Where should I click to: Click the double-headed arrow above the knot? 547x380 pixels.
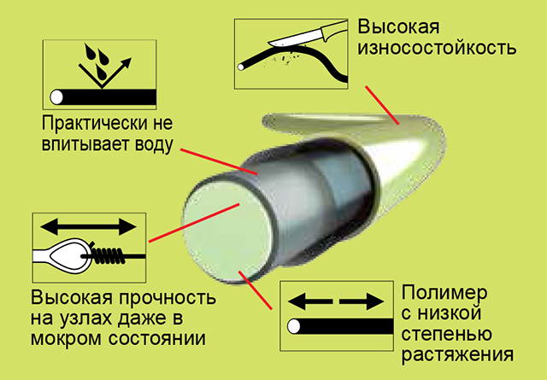click(x=90, y=227)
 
